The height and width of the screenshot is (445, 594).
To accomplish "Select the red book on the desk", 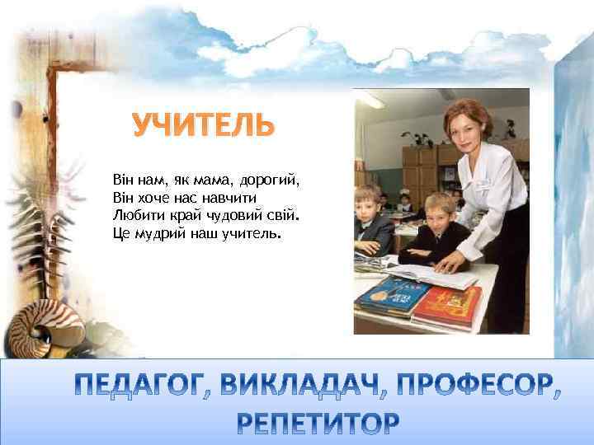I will pos(448,306).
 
